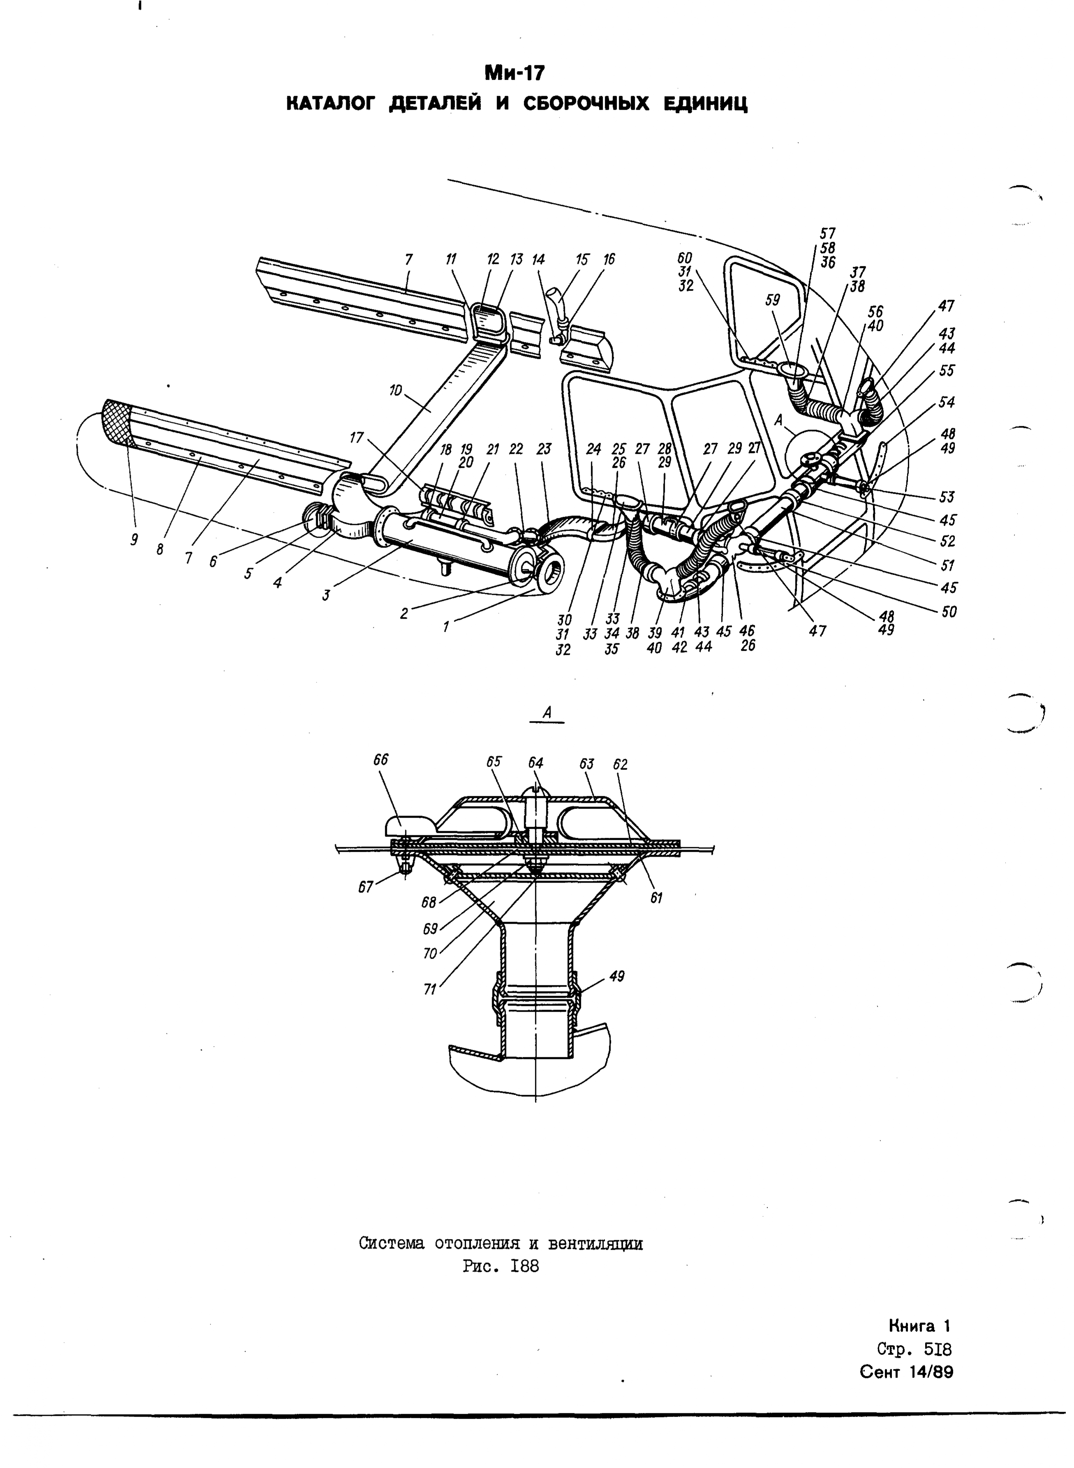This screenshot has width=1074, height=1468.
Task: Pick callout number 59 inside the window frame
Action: point(772,301)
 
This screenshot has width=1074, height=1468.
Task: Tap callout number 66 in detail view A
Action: point(381,759)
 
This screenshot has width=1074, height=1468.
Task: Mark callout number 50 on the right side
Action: point(949,612)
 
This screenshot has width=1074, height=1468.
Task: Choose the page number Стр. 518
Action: point(914,1350)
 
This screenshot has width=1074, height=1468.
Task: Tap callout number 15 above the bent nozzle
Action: point(582,259)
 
